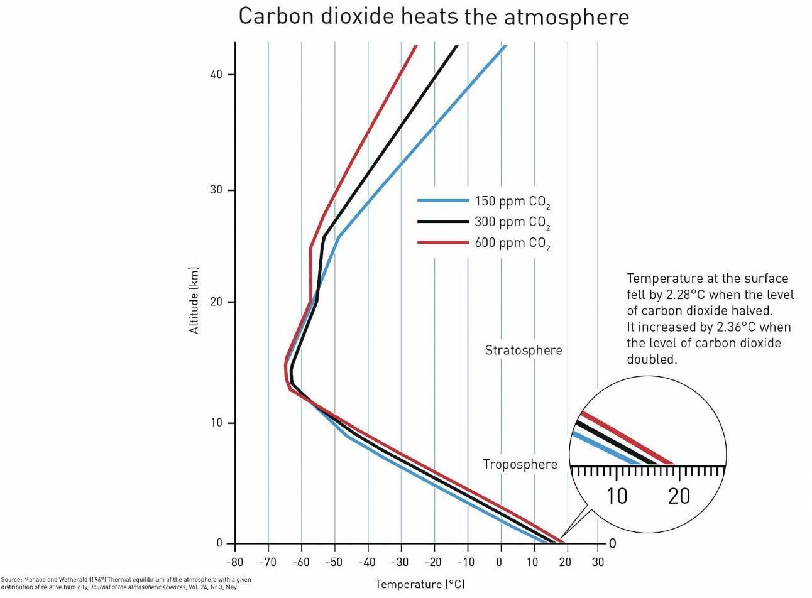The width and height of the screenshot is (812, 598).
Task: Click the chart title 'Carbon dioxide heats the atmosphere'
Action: pos(433,17)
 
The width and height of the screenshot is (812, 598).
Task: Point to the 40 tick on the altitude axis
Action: pos(216,75)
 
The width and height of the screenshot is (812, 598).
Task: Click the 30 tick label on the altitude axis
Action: pos(216,190)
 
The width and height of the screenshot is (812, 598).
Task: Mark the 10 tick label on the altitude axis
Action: pos(216,423)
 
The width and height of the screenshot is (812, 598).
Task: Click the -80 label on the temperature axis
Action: pos(234,562)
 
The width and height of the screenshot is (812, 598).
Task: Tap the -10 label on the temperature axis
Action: pos(466,562)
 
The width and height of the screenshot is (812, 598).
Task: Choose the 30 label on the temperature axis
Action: pos(598,562)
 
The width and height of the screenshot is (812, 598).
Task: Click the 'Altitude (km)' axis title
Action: pos(194,300)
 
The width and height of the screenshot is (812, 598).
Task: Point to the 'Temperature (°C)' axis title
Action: pos(420,584)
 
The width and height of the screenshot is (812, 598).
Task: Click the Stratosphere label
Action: pos(524,351)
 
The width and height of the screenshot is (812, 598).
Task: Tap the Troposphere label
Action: pos(520,465)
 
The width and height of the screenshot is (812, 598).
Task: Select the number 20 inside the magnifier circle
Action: pos(679,496)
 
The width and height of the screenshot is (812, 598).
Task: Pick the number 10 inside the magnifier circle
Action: pos(617,496)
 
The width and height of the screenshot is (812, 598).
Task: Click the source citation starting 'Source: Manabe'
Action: pos(126,584)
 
